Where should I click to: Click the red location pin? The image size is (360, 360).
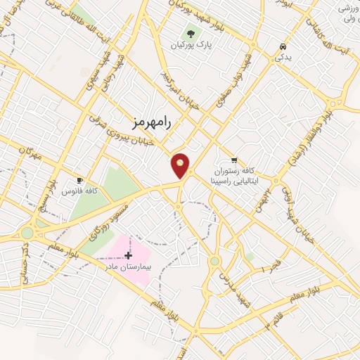[181, 165]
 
